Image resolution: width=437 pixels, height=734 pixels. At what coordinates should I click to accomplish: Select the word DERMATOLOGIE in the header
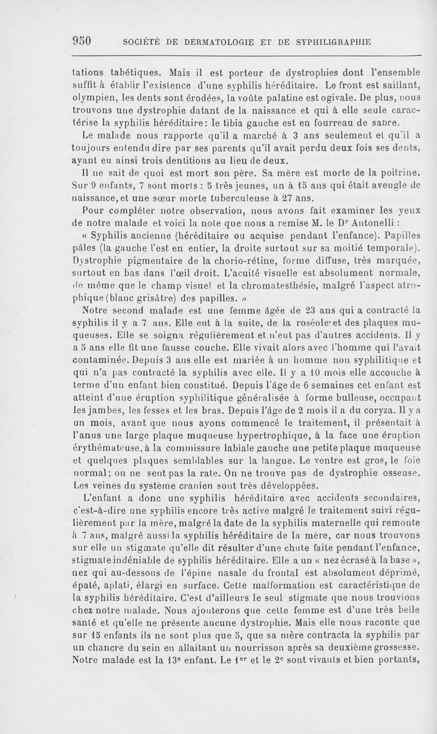tap(211, 42)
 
